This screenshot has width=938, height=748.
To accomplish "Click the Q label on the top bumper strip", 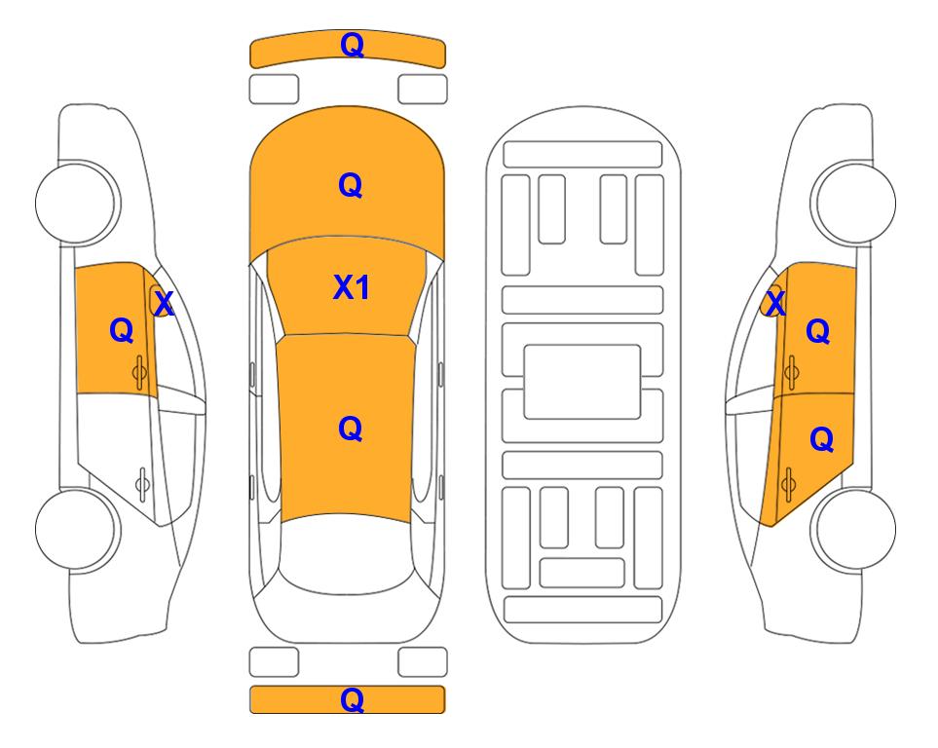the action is (352, 45).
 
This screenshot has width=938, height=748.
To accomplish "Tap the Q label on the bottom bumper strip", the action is (352, 699).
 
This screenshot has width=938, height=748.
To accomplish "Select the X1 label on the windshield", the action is (352, 287).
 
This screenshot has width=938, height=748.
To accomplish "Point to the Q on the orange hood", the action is (351, 185).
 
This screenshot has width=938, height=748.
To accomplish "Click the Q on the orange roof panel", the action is (351, 429).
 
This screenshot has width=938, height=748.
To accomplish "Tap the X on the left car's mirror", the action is (164, 303).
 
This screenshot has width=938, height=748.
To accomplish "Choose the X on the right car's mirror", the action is (775, 303).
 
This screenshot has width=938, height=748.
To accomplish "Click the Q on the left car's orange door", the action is (122, 330).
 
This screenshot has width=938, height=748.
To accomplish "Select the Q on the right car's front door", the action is (818, 331).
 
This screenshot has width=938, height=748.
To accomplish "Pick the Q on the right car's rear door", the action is (821, 440).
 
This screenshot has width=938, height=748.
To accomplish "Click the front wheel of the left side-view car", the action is (77, 203).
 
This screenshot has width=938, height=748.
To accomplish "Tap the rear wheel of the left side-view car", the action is (77, 529).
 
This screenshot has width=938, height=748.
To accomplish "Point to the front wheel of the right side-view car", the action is (853, 203).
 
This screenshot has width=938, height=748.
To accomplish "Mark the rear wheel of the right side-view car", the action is (853, 529).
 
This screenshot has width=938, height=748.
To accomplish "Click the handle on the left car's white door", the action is (142, 483).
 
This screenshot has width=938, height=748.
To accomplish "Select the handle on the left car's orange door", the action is (139, 372).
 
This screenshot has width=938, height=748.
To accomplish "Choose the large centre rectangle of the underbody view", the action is (582, 382).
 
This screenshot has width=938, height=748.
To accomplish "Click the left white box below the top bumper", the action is (274, 90).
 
